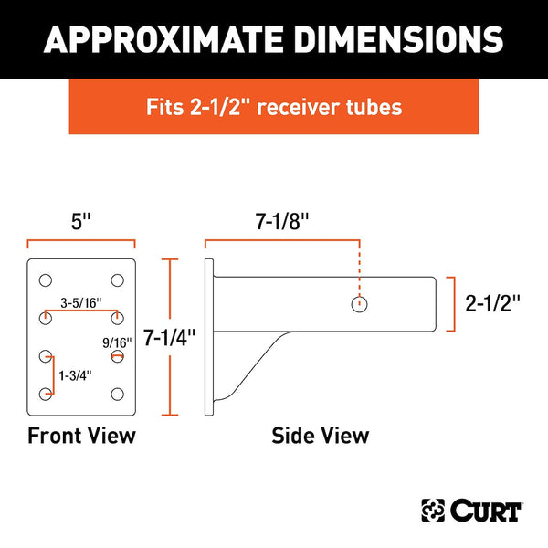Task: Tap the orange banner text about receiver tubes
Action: (x=274, y=107)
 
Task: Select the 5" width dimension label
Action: (x=81, y=220)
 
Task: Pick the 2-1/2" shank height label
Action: (x=492, y=303)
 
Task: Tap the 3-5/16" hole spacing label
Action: (x=81, y=301)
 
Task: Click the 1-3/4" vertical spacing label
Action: (x=74, y=374)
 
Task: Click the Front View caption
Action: (x=81, y=435)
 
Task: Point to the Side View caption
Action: (x=321, y=435)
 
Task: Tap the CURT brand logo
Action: (x=470, y=509)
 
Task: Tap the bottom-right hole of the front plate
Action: (x=117, y=394)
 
